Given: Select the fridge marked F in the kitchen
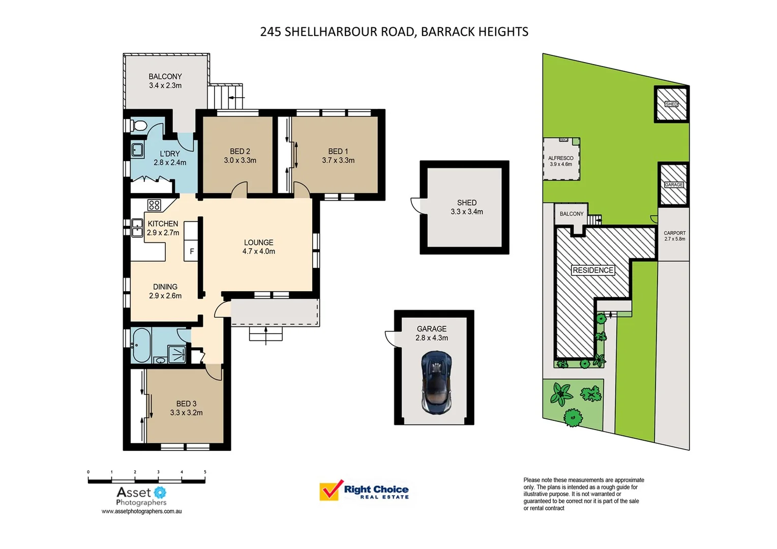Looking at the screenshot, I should (191, 251).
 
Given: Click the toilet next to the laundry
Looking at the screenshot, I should (139, 125).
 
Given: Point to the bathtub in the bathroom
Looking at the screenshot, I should (141, 345).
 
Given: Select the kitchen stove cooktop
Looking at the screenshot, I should (154, 205).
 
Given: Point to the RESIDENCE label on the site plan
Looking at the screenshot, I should (593, 270).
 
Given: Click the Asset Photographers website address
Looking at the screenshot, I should (141, 511).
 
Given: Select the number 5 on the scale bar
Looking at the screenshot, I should (205, 472).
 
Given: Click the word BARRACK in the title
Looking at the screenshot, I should (446, 32).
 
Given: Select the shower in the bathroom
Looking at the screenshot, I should (176, 354).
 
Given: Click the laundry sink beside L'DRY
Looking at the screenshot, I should (137, 150).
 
